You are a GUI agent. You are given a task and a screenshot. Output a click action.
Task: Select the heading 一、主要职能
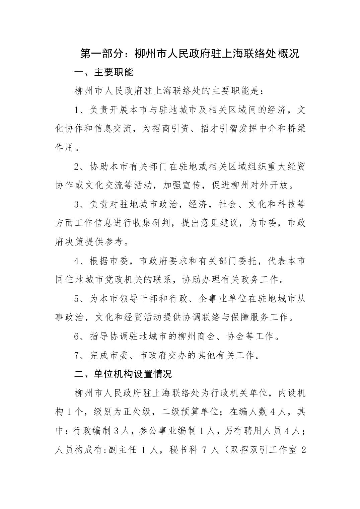click(x=103, y=72)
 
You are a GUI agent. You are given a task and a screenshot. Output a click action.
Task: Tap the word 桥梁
click(x=296, y=129)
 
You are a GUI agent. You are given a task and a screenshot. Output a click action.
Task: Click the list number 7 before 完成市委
click(x=77, y=355)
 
